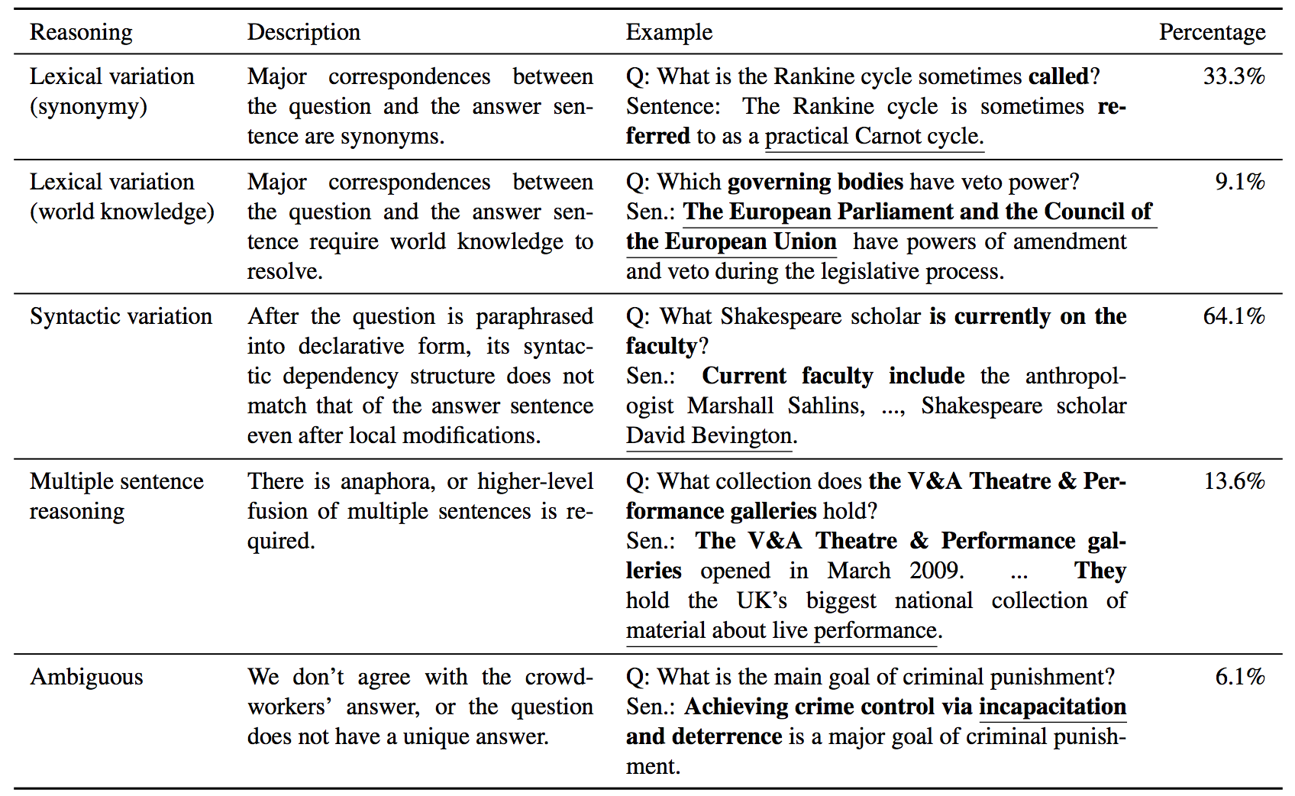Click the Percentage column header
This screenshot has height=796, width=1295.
click(1211, 32)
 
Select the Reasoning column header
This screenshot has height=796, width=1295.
click(81, 32)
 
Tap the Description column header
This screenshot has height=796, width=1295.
click(303, 32)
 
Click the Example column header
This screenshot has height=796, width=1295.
click(669, 32)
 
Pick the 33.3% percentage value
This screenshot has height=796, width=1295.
click(1233, 76)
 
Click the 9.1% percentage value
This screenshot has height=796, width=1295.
click(1239, 182)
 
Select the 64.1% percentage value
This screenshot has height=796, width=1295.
click(1233, 316)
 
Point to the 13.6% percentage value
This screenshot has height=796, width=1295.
click(1233, 481)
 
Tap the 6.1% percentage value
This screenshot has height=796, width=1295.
click(1239, 677)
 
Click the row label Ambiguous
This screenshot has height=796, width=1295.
click(86, 678)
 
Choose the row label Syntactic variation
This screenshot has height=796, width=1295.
click(121, 316)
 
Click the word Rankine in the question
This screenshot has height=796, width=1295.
click(809, 76)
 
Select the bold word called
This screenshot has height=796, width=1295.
click(1058, 76)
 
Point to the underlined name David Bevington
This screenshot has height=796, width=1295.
click(709, 435)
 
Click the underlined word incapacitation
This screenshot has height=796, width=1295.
click(1052, 707)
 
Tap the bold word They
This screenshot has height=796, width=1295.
click(1100, 571)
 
